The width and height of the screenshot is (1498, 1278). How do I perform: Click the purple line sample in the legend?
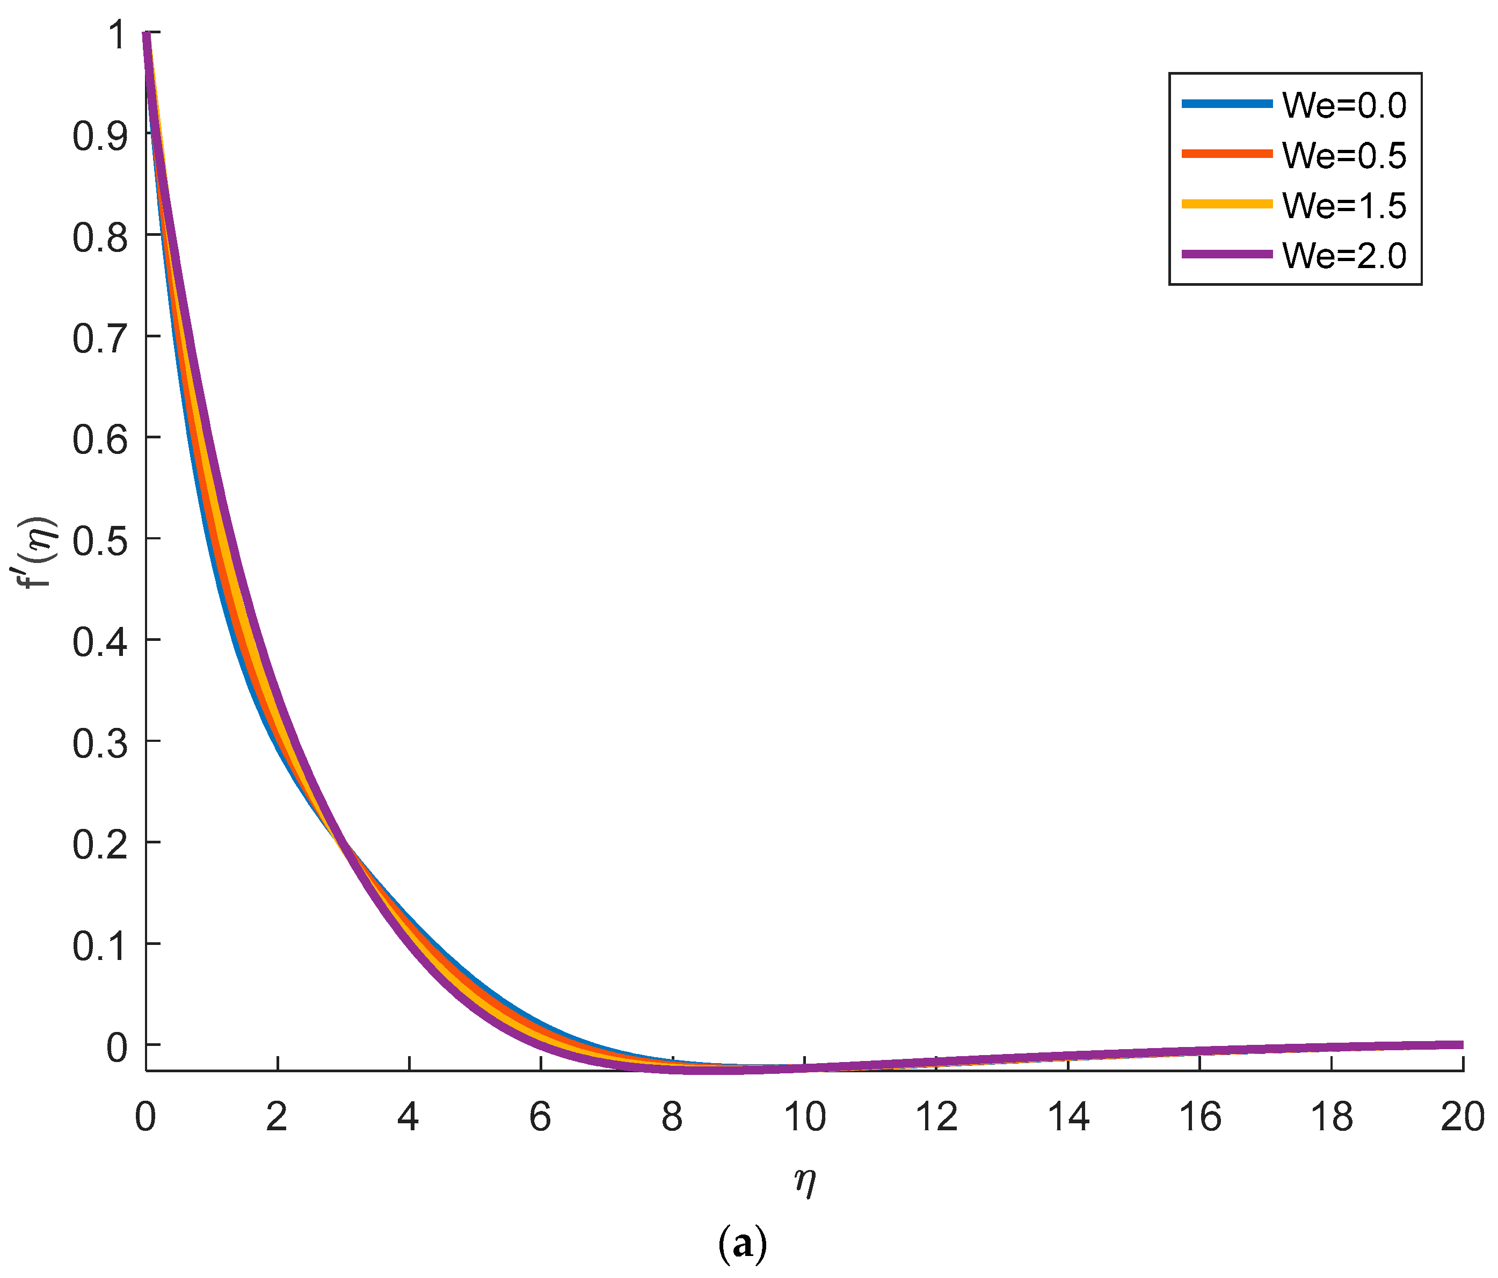pos(1227,254)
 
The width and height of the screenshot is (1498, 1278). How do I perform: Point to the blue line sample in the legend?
pos(1227,104)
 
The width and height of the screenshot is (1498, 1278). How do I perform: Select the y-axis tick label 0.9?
pos(100,135)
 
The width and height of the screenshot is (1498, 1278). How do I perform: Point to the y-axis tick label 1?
pos(115,35)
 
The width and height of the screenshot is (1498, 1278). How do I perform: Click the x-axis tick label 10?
pos(804,1117)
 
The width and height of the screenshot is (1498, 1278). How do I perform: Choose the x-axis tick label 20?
pos(1462,1117)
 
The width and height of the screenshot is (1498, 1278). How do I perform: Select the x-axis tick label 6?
pos(540,1117)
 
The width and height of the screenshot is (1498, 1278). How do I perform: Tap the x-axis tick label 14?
pos(1068,1117)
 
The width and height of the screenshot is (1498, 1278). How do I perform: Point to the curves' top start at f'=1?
pos(146,33)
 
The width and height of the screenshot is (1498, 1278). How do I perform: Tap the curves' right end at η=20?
pos(1460,1044)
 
